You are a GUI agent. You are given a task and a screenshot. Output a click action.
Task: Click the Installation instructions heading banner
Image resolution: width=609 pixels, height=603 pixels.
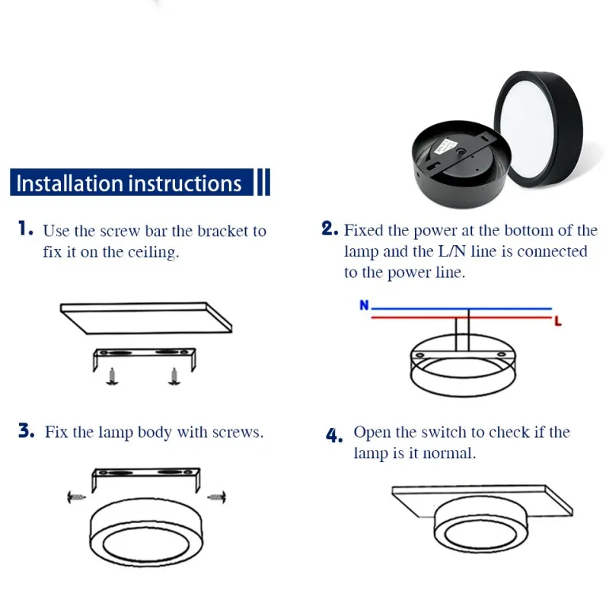[x=129, y=183]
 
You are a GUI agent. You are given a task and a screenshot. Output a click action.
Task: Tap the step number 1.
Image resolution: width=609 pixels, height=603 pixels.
[x=25, y=229]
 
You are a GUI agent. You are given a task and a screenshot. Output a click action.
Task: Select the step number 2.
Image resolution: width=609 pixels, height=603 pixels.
[x=330, y=229]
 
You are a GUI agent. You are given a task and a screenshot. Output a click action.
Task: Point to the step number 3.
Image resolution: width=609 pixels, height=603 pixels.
[x=27, y=432]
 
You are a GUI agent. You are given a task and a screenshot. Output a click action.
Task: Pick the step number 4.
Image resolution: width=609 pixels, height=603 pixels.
[x=334, y=435]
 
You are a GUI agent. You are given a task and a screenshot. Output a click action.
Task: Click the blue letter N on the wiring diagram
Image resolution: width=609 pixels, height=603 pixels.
[x=364, y=305]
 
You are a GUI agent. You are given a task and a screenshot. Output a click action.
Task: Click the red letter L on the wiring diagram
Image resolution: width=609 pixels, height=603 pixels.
[x=558, y=322]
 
